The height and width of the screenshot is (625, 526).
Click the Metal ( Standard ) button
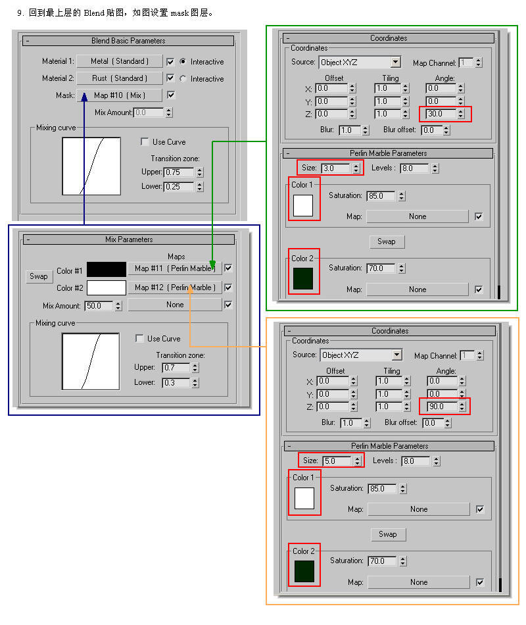click(x=120, y=61)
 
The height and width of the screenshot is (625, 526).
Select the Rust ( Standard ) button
click(x=120, y=78)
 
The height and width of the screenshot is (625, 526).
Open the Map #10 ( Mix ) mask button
click(x=120, y=95)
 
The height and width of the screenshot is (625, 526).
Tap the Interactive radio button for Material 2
click(x=183, y=78)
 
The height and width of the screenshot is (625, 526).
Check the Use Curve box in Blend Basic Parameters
click(x=145, y=142)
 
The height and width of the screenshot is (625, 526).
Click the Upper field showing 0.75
click(x=179, y=172)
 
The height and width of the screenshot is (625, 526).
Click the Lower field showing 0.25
click(x=179, y=187)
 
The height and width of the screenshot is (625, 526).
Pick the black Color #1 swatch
click(x=107, y=270)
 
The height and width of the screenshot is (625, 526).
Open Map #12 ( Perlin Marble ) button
click(x=175, y=287)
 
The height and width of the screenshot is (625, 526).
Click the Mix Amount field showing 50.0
click(x=99, y=306)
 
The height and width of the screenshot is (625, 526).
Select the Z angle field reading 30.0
click(x=441, y=114)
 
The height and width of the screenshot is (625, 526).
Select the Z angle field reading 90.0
click(x=442, y=407)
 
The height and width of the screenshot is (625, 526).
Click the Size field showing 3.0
click(x=335, y=168)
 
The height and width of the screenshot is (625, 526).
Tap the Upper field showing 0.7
click(x=176, y=368)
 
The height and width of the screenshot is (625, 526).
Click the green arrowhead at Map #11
click(x=212, y=264)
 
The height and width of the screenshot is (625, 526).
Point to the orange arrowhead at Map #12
click(x=190, y=290)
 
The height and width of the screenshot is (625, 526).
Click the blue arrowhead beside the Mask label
click(x=84, y=97)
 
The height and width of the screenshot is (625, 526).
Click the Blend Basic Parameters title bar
click(x=128, y=41)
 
